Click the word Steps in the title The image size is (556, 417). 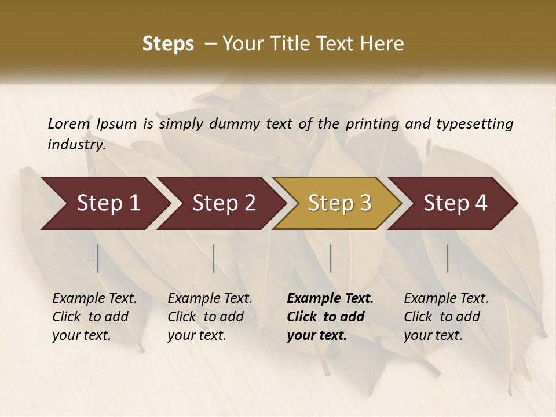point(168,44)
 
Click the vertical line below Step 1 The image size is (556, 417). point(98,258)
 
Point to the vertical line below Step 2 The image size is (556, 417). point(214,258)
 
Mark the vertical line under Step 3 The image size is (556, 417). point(330,258)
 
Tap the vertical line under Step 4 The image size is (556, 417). point(447,258)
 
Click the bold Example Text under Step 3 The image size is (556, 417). point(330,299)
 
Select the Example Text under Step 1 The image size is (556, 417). point(94,299)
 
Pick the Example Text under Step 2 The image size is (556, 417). point(210,299)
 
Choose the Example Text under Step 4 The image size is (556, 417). point(446,299)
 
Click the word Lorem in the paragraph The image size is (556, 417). point(69,124)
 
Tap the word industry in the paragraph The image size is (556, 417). point(76,145)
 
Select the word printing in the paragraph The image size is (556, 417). point(372,124)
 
